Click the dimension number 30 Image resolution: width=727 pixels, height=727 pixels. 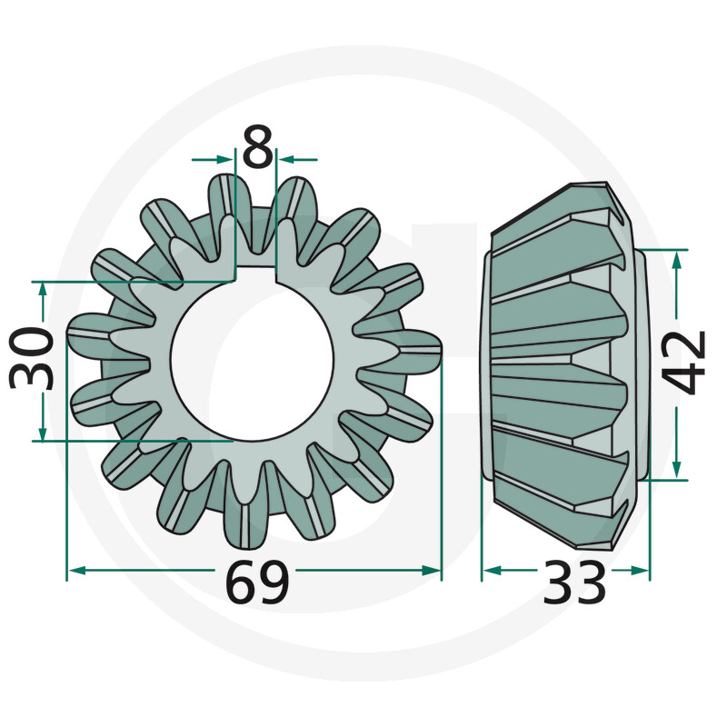[34, 360]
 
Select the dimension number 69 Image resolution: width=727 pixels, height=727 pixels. [257, 583]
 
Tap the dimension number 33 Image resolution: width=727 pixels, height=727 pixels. [574, 583]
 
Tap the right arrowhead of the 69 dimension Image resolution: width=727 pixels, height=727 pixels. [433, 571]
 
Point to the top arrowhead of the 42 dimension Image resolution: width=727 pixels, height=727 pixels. [676, 260]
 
